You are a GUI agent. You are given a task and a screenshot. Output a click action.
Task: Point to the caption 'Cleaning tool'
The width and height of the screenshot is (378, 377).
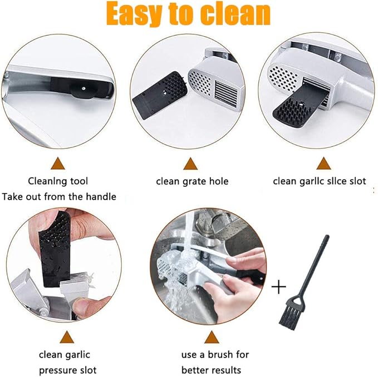tap(58, 181)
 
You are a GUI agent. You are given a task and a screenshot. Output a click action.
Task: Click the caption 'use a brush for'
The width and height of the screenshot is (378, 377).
tap(215, 354)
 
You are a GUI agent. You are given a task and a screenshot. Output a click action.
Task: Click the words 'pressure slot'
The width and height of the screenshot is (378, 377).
tap(67, 370)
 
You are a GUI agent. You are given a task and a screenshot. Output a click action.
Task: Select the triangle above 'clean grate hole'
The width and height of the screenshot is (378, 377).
tap(190, 163)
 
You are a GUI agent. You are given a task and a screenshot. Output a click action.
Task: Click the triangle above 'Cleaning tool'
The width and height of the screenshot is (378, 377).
tap(58, 163)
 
